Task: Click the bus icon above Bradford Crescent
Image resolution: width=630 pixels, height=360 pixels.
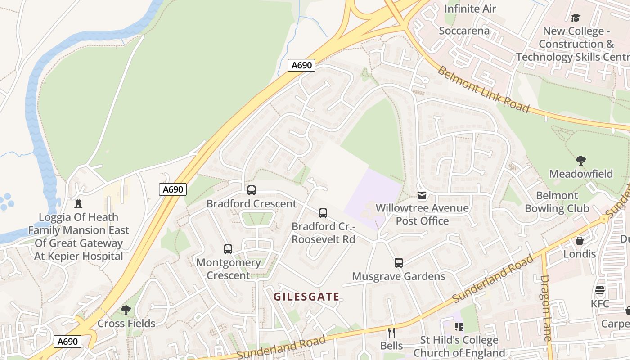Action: click(252, 190)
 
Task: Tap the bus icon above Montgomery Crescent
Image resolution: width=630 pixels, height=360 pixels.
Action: click(228, 249)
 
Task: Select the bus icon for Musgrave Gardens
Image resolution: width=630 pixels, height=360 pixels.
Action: click(398, 263)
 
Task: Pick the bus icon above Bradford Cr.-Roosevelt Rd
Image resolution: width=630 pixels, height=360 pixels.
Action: click(323, 213)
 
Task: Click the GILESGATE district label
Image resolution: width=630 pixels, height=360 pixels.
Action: click(306, 297)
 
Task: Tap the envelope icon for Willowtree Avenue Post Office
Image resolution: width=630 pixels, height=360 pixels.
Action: click(422, 195)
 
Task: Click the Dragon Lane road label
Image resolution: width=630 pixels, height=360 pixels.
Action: click(546, 308)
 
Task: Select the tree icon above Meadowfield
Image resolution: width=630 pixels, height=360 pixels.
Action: click(581, 161)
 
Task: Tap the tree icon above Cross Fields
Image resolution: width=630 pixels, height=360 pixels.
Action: click(126, 310)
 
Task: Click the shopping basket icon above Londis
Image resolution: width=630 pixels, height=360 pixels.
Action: click(580, 241)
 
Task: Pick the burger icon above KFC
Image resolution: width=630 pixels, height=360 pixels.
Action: click(600, 290)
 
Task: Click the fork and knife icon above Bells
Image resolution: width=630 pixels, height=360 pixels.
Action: click(391, 333)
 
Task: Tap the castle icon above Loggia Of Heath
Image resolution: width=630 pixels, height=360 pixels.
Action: click(79, 204)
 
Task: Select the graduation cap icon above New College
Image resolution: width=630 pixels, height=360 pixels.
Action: click(576, 18)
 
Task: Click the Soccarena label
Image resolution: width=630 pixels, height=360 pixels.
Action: click(464, 31)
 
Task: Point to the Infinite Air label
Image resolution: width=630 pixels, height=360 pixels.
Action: click(470, 9)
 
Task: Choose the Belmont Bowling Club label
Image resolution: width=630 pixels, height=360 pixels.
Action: click(557, 202)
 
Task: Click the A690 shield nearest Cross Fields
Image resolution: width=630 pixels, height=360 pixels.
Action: click(68, 342)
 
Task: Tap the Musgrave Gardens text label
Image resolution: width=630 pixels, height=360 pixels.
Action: click(399, 276)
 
